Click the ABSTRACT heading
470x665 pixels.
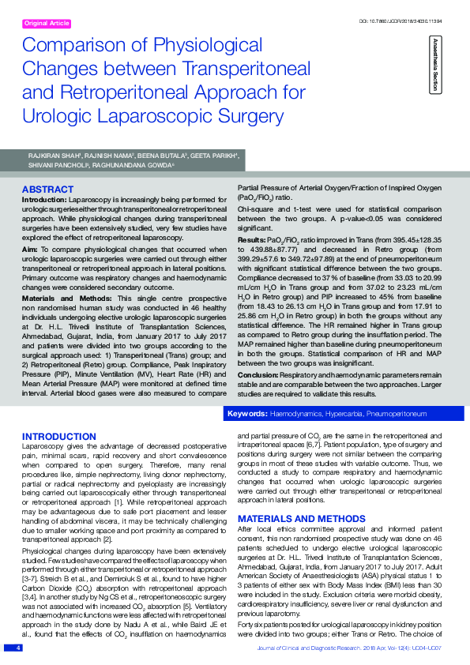(47, 190)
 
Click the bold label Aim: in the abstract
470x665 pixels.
(31, 249)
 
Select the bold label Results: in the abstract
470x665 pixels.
(250, 239)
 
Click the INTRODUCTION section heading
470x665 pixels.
(59, 437)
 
